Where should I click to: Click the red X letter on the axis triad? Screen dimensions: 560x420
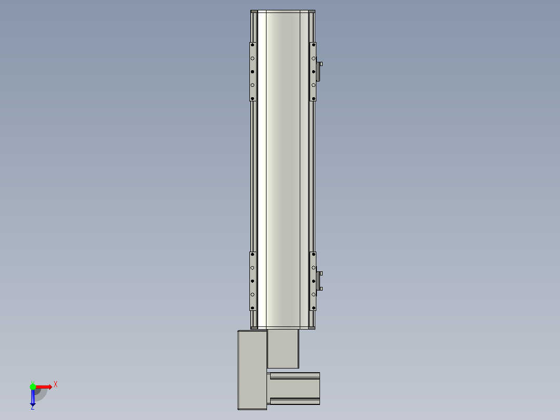tap(56, 385)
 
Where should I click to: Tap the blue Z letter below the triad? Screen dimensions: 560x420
tap(33, 407)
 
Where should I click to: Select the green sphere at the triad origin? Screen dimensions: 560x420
tap(33, 387)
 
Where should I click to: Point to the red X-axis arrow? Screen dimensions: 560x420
tap(44, 387)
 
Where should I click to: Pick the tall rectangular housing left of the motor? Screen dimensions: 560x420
tap(252, 370)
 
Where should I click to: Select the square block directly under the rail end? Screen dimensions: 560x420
tap(283, 348)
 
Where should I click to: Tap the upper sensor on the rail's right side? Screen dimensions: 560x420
tap(319, 72)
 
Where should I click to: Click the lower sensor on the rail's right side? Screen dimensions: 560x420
tap(319, 281)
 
